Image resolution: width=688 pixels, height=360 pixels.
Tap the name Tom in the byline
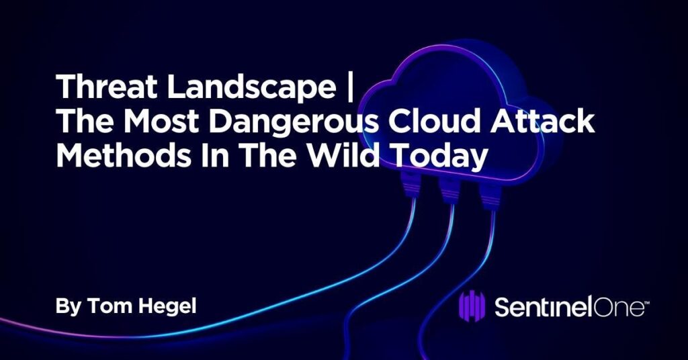[x=105, y=306]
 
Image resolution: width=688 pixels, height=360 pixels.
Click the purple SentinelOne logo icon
[x=472, y=308]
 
